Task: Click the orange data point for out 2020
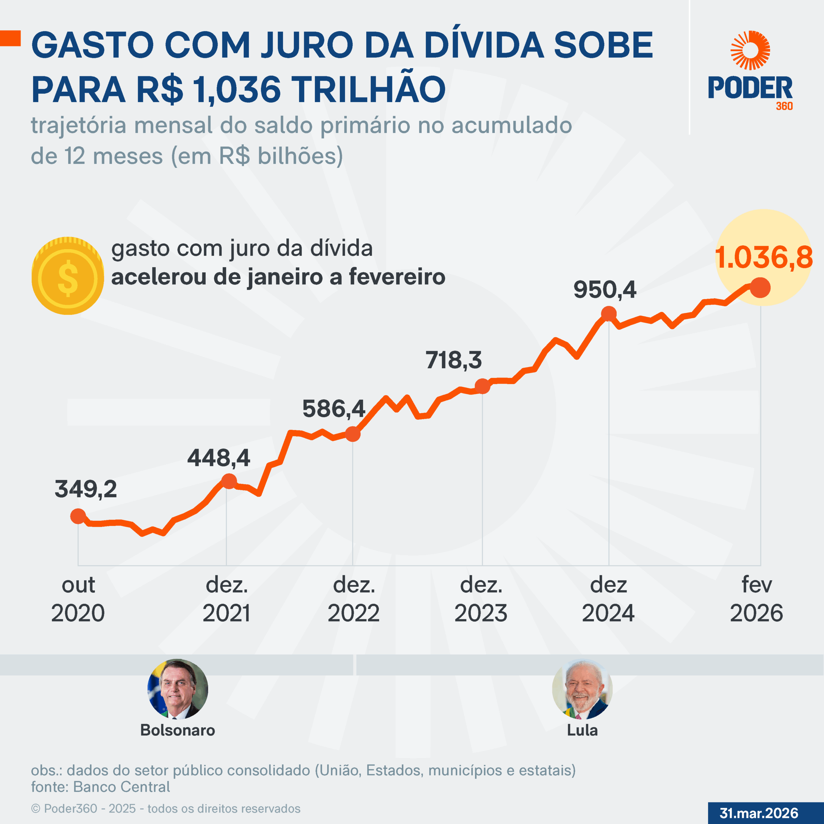coord(78,516)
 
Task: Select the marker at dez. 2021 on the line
coord(229,481)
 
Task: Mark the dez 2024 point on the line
coord(609,314)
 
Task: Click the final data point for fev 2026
coord(760,287)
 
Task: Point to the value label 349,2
coord(86,489)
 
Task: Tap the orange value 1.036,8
coord(763,257)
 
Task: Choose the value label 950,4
coord(604,290)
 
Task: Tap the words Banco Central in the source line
coord(122,787)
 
